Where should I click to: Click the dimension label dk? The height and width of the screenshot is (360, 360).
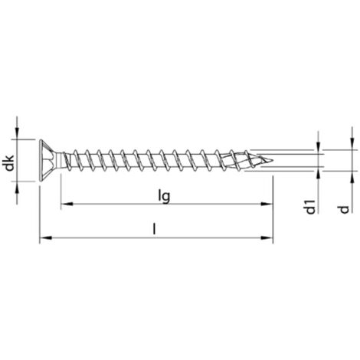pyautogui.click(x=9, y=163)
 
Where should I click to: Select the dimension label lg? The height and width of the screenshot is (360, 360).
pyautogui.click(x=164, y=197)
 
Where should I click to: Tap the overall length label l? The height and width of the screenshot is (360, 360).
pyautogui.click(x=154, y=228)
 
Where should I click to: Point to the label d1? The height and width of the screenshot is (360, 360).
pyautogui.click(x=310, y=207)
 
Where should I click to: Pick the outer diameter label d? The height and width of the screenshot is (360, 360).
pyautogui.click(x=344, y=209)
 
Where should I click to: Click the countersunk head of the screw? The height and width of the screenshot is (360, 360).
pyautogui.click(x=48, y=161)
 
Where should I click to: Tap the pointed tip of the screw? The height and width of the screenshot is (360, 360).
pyautogui.click(x=272, y=161)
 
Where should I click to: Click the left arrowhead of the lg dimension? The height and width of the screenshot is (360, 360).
pyautogui.click(x=67, y=204)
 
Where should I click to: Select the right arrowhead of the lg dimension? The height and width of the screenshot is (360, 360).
pyautogui.click(x=267, y=204)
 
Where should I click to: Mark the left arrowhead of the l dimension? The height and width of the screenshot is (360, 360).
pyautogui.click(x=46, y=237)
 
